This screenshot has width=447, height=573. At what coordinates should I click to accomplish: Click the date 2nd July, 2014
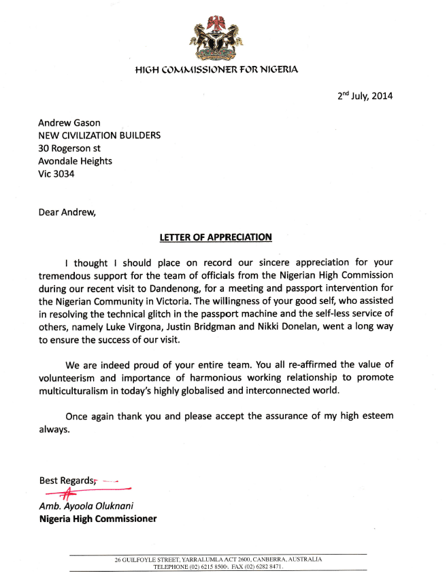tap(365, 96)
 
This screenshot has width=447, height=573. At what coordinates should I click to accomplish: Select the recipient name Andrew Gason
tap(70, 122)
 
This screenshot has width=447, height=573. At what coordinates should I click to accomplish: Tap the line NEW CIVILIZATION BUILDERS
tap(99, 135)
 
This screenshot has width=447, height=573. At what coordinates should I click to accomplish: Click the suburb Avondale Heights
tap(75, 161)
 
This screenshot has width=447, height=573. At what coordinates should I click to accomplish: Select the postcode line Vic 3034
tap(56, 174)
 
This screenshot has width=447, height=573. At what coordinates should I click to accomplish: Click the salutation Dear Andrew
tap(67, 211)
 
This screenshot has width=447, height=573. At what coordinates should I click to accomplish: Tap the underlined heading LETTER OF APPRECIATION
tap(216, 237)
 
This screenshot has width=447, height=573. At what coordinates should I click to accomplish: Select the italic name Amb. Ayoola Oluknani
tap(87, 506)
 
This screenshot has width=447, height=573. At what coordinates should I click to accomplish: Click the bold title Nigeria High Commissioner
tap(97, 519)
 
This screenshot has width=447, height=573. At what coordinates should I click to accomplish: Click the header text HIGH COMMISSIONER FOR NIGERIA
tap(216, 69)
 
